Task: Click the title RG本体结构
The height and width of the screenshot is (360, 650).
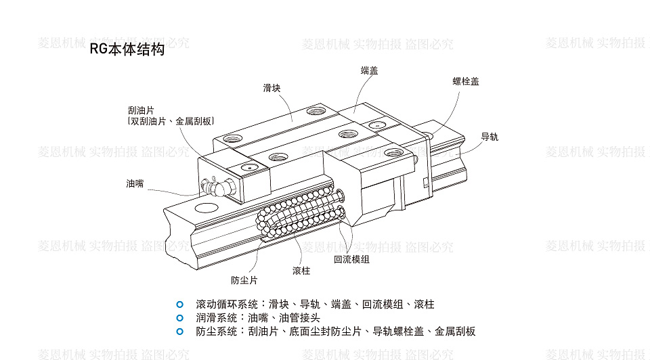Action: click(127, 51)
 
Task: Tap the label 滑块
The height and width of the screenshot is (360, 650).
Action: click(272, 88)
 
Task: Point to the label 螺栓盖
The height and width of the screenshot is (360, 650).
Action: click(466, 81)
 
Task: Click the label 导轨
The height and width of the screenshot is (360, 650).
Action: click(490, 136)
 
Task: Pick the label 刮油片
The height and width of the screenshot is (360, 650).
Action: click(141, 110)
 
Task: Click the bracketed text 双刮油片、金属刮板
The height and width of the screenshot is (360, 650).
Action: click(171, 121)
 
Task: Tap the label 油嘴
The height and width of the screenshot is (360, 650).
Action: click(135, 183)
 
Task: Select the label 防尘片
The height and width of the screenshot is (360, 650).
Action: click(244, 279)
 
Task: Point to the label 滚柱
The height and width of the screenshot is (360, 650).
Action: click(301, 271)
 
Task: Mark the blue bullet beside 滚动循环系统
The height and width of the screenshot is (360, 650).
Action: click(179, 304)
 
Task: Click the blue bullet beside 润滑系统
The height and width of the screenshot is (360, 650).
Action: click(179, 317)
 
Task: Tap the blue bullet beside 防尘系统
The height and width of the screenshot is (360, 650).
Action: click(179, 331)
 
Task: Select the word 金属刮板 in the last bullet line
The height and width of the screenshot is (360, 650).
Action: click(455, 331)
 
